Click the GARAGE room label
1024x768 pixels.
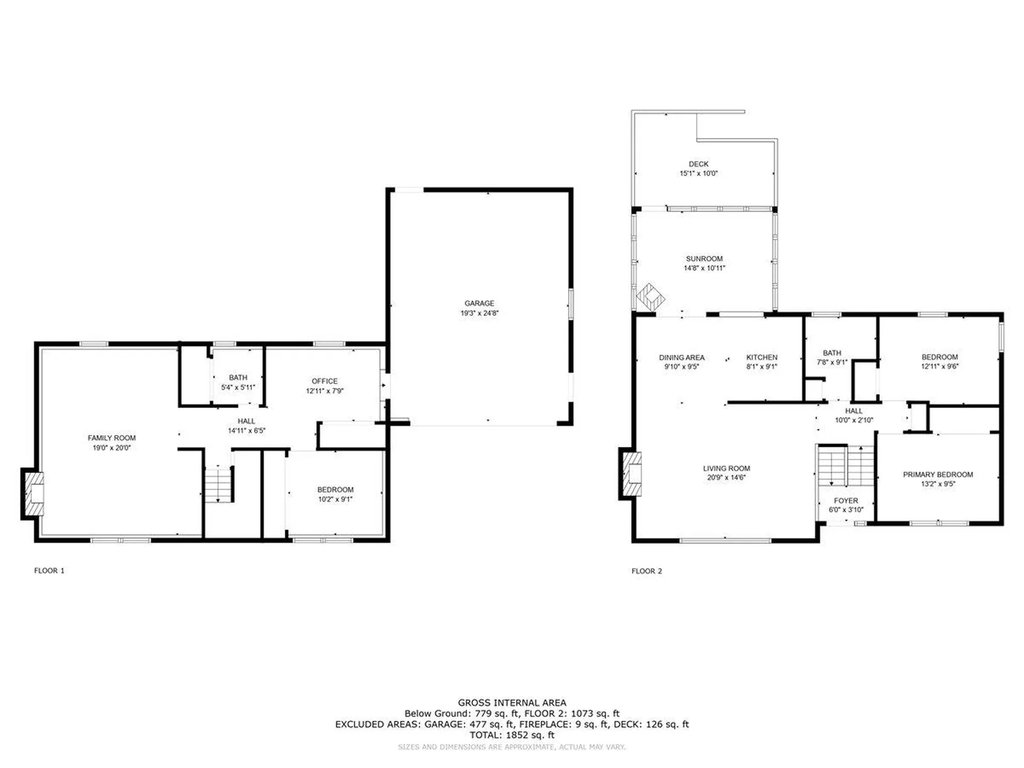479,303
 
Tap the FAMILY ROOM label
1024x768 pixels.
111,438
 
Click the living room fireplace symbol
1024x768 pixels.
630,474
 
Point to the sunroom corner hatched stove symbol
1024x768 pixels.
651,297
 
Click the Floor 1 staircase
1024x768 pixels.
218,484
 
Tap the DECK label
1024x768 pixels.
699,164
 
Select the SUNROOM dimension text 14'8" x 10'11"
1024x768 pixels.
705,268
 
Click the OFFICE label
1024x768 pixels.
325,381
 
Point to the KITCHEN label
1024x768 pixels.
762,357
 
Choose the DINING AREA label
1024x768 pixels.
682,357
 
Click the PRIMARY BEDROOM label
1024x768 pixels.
938,475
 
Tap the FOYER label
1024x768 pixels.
846,501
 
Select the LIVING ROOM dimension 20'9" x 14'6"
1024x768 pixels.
726,478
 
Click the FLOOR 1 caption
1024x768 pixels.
49,571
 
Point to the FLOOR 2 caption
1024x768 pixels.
647,571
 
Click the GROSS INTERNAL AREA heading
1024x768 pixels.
512,703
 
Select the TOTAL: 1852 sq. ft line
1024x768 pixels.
512,735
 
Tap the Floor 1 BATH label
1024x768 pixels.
238,378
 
